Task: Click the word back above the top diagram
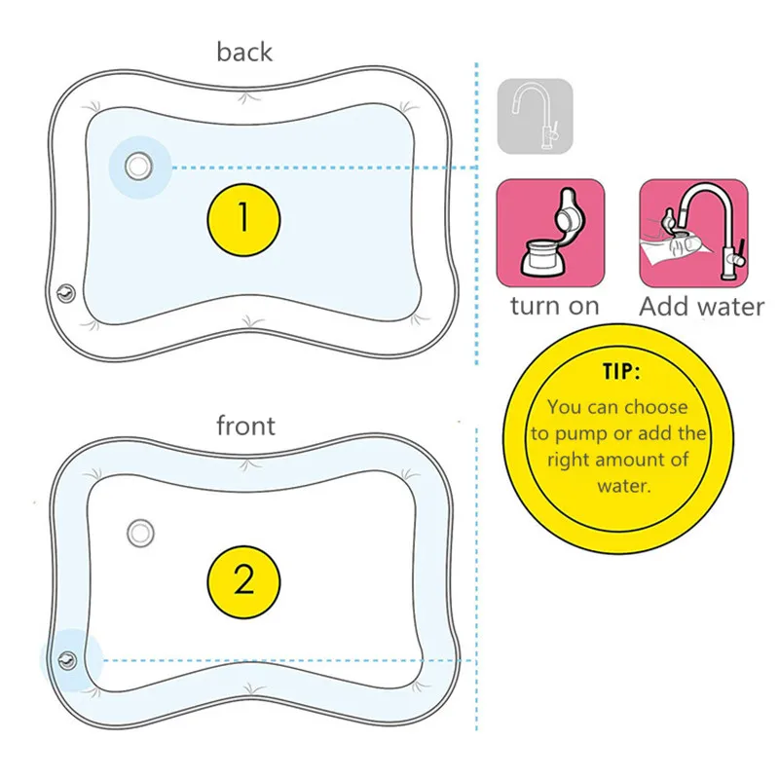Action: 244,52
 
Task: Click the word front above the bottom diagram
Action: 245,426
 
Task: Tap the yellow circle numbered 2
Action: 243,581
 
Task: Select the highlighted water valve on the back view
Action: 138,167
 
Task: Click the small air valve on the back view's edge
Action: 64,290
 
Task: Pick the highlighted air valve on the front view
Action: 67,659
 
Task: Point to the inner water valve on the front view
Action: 141,532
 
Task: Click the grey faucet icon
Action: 536,117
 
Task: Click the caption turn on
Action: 554,307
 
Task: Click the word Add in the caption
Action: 662,307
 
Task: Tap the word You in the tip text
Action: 564,408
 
